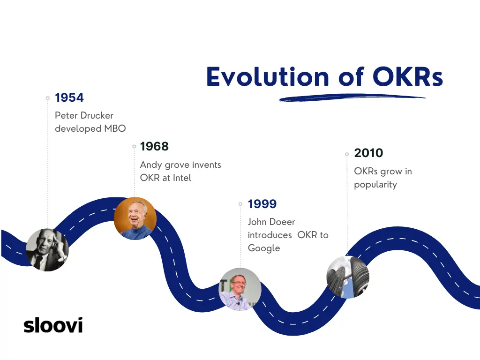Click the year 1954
pos(69,97)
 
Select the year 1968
pos(154,146)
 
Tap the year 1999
pos(262,204)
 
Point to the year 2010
pos(368,153)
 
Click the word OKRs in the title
pos(408,76)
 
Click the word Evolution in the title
pos(268,76)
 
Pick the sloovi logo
pos(53,325)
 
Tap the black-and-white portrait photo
pos(47,250)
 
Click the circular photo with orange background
pos(135,218)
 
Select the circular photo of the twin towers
pos(348,277)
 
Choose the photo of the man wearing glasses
pos(240,289)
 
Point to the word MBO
pos(115,128)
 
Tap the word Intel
pos(182,178)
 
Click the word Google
pos(264,248)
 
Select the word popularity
pos(375,185)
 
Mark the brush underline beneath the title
pos(352,98)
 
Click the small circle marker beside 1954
pos(48,98)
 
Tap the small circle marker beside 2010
pos(347,154)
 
